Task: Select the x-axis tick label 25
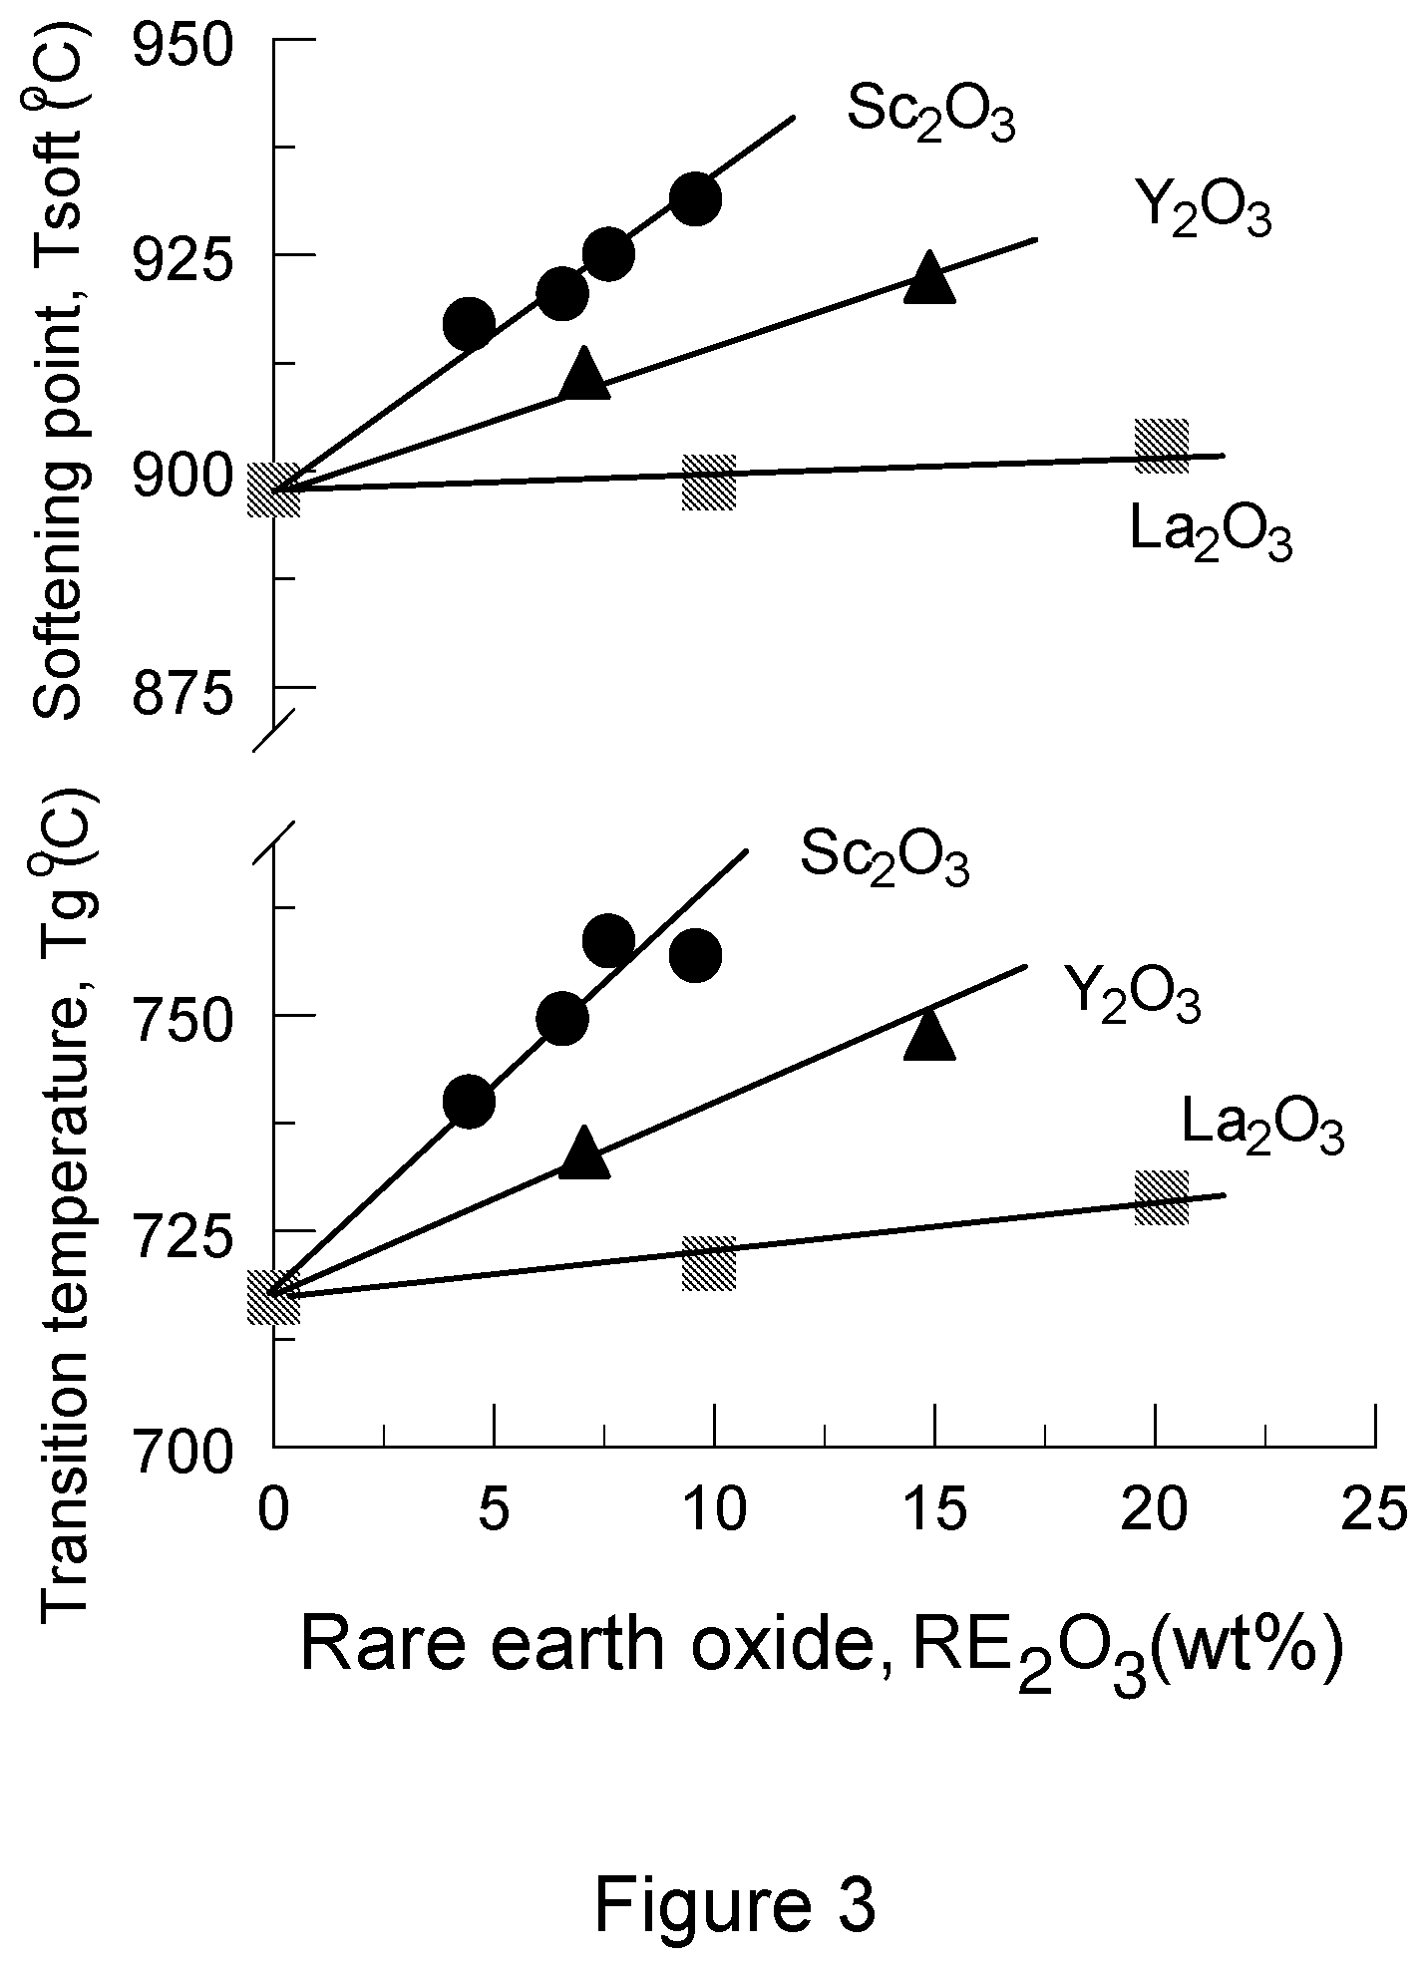coord(1375,1508)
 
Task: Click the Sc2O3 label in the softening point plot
coord(931,113)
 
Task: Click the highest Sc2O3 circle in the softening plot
coord(695,198)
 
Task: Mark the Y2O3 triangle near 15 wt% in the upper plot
coord(929,276)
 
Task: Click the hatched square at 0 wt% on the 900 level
coord(273,491)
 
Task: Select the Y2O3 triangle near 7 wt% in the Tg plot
coord(584,1152)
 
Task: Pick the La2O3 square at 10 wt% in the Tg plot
coord(709,1264)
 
